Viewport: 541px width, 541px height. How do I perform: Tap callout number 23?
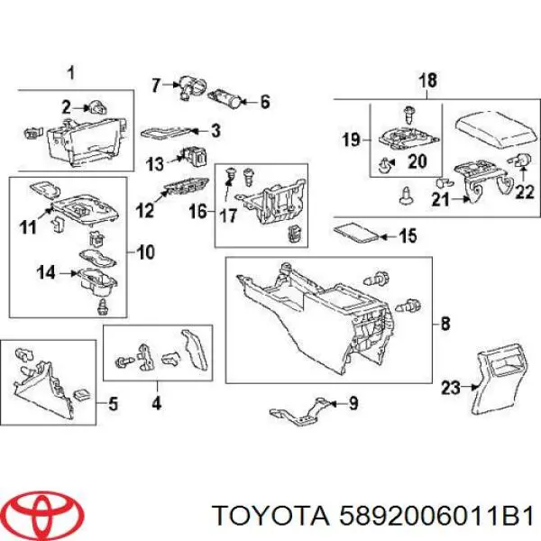point(451,388)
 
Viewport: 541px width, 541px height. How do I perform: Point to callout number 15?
point(408,236)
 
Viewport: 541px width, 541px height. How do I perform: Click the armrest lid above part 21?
point(497,129)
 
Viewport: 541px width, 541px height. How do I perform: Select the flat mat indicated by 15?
point(356,234)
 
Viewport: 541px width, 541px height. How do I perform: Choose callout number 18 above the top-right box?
point(427,80)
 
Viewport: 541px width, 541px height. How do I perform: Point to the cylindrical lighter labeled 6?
point(226,98)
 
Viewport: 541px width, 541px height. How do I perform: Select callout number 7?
point(156,85)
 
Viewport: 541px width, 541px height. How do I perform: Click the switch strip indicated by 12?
point(187,188)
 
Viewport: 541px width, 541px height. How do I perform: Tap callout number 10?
point(145,252)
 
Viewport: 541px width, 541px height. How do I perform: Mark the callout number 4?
point(157,403)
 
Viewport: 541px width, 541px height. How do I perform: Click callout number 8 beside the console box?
point(445,324)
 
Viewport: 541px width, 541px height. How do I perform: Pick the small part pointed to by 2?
point(97,108)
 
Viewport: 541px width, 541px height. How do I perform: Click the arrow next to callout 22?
point(523,173)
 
